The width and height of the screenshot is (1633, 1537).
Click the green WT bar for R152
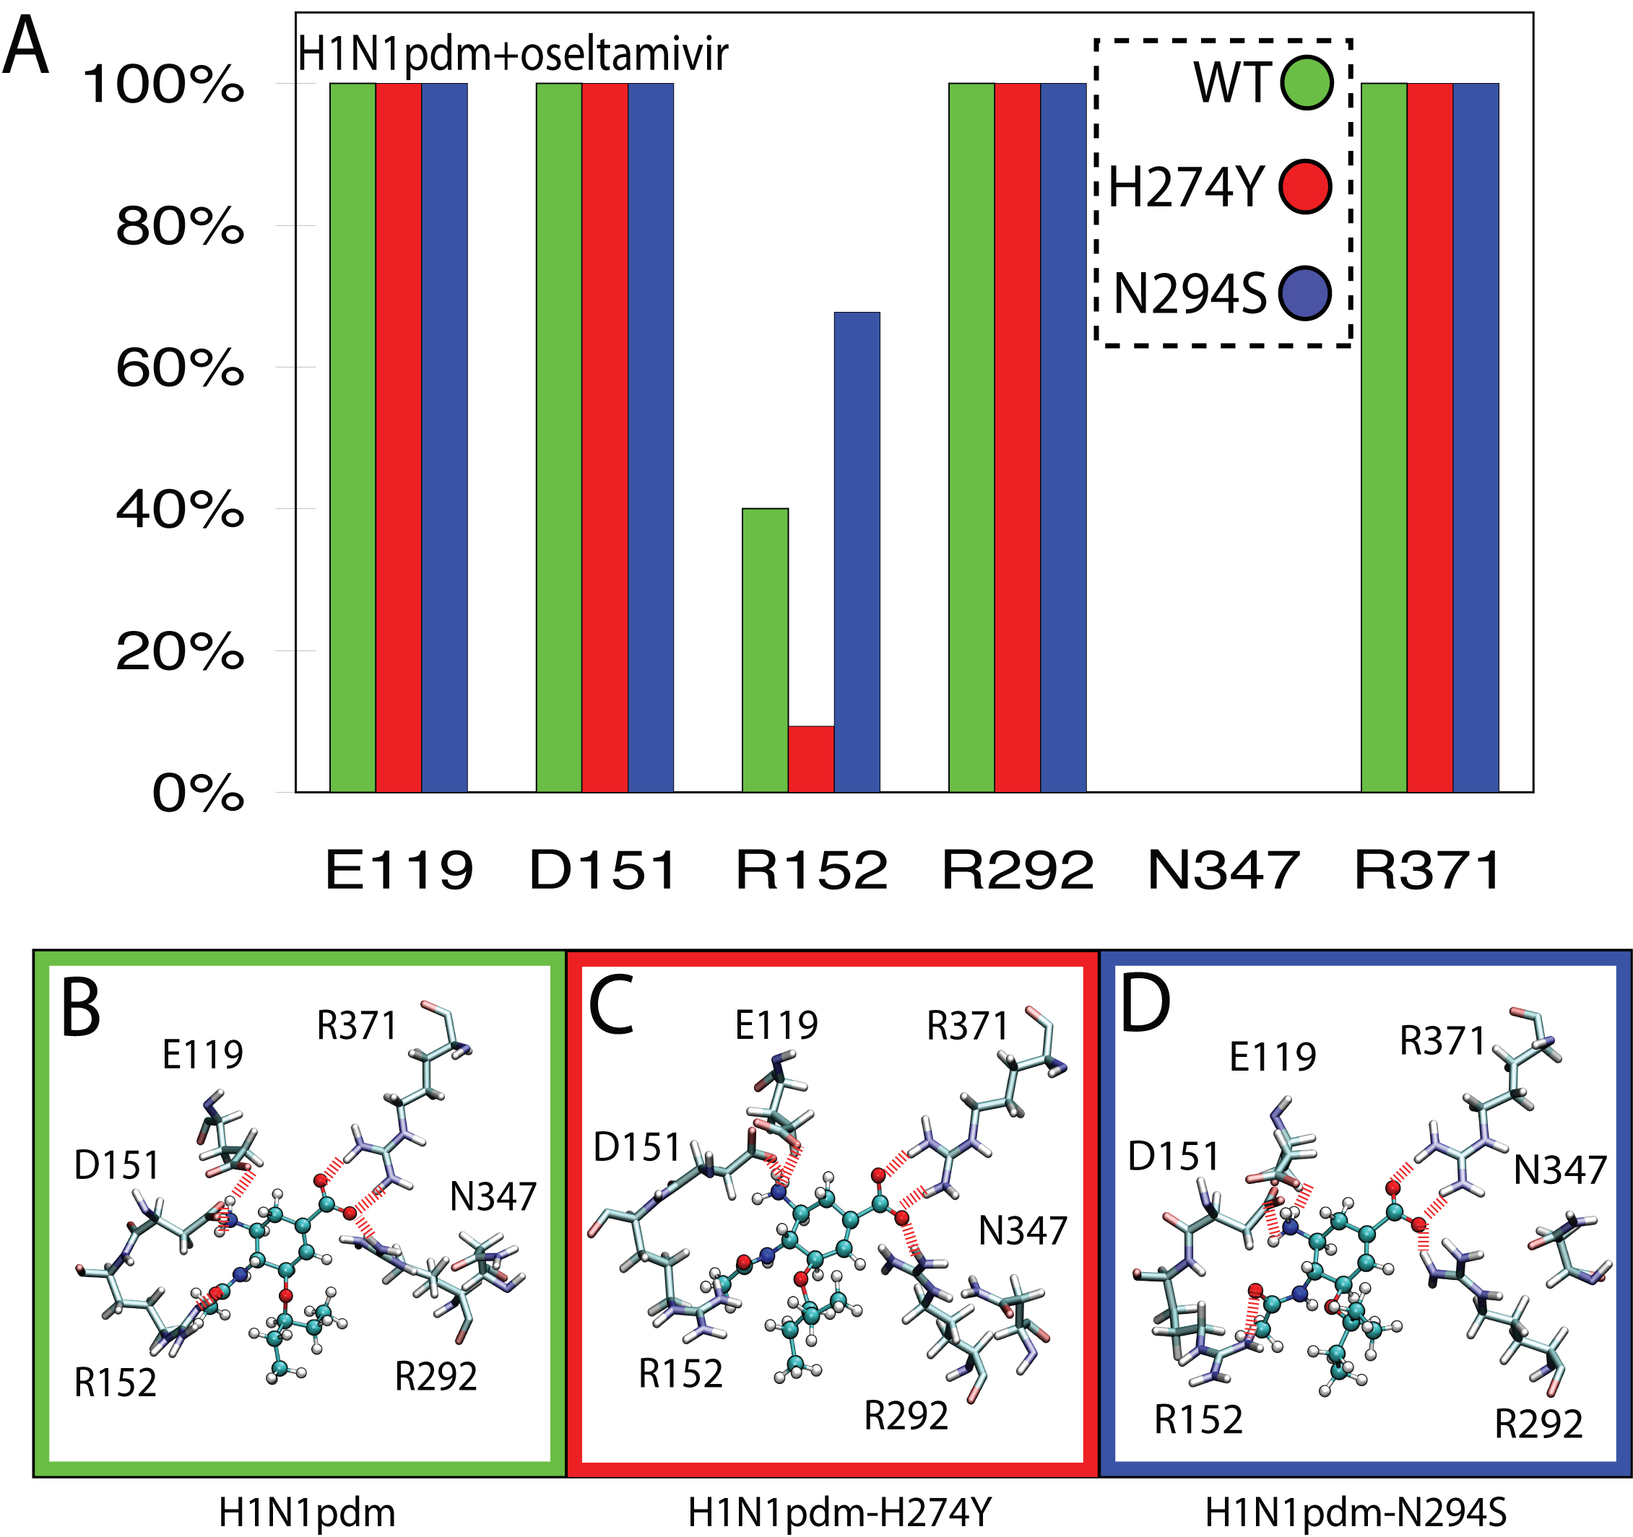tap(765, 650)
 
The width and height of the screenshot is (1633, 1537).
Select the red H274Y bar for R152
tap(811, 759)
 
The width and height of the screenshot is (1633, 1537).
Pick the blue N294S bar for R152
tap(857, 552)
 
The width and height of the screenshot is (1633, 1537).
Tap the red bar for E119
tap(399, 437)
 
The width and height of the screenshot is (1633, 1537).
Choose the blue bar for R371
tap(1476, 437)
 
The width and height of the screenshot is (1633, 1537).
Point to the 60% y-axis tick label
tap(180, 368)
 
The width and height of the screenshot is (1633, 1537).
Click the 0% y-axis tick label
tap(198, 794)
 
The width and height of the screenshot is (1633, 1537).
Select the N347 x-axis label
tap(1223, 871)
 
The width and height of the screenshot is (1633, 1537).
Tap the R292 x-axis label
tap(1017, 871)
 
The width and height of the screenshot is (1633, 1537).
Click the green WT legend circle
tap(1306, 82)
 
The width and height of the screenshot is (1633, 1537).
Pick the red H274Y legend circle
tap(1304, 187)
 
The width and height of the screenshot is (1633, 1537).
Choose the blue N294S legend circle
tap(1304, 293)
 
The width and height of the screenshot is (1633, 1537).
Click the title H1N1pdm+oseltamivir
tap(513, 54)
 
